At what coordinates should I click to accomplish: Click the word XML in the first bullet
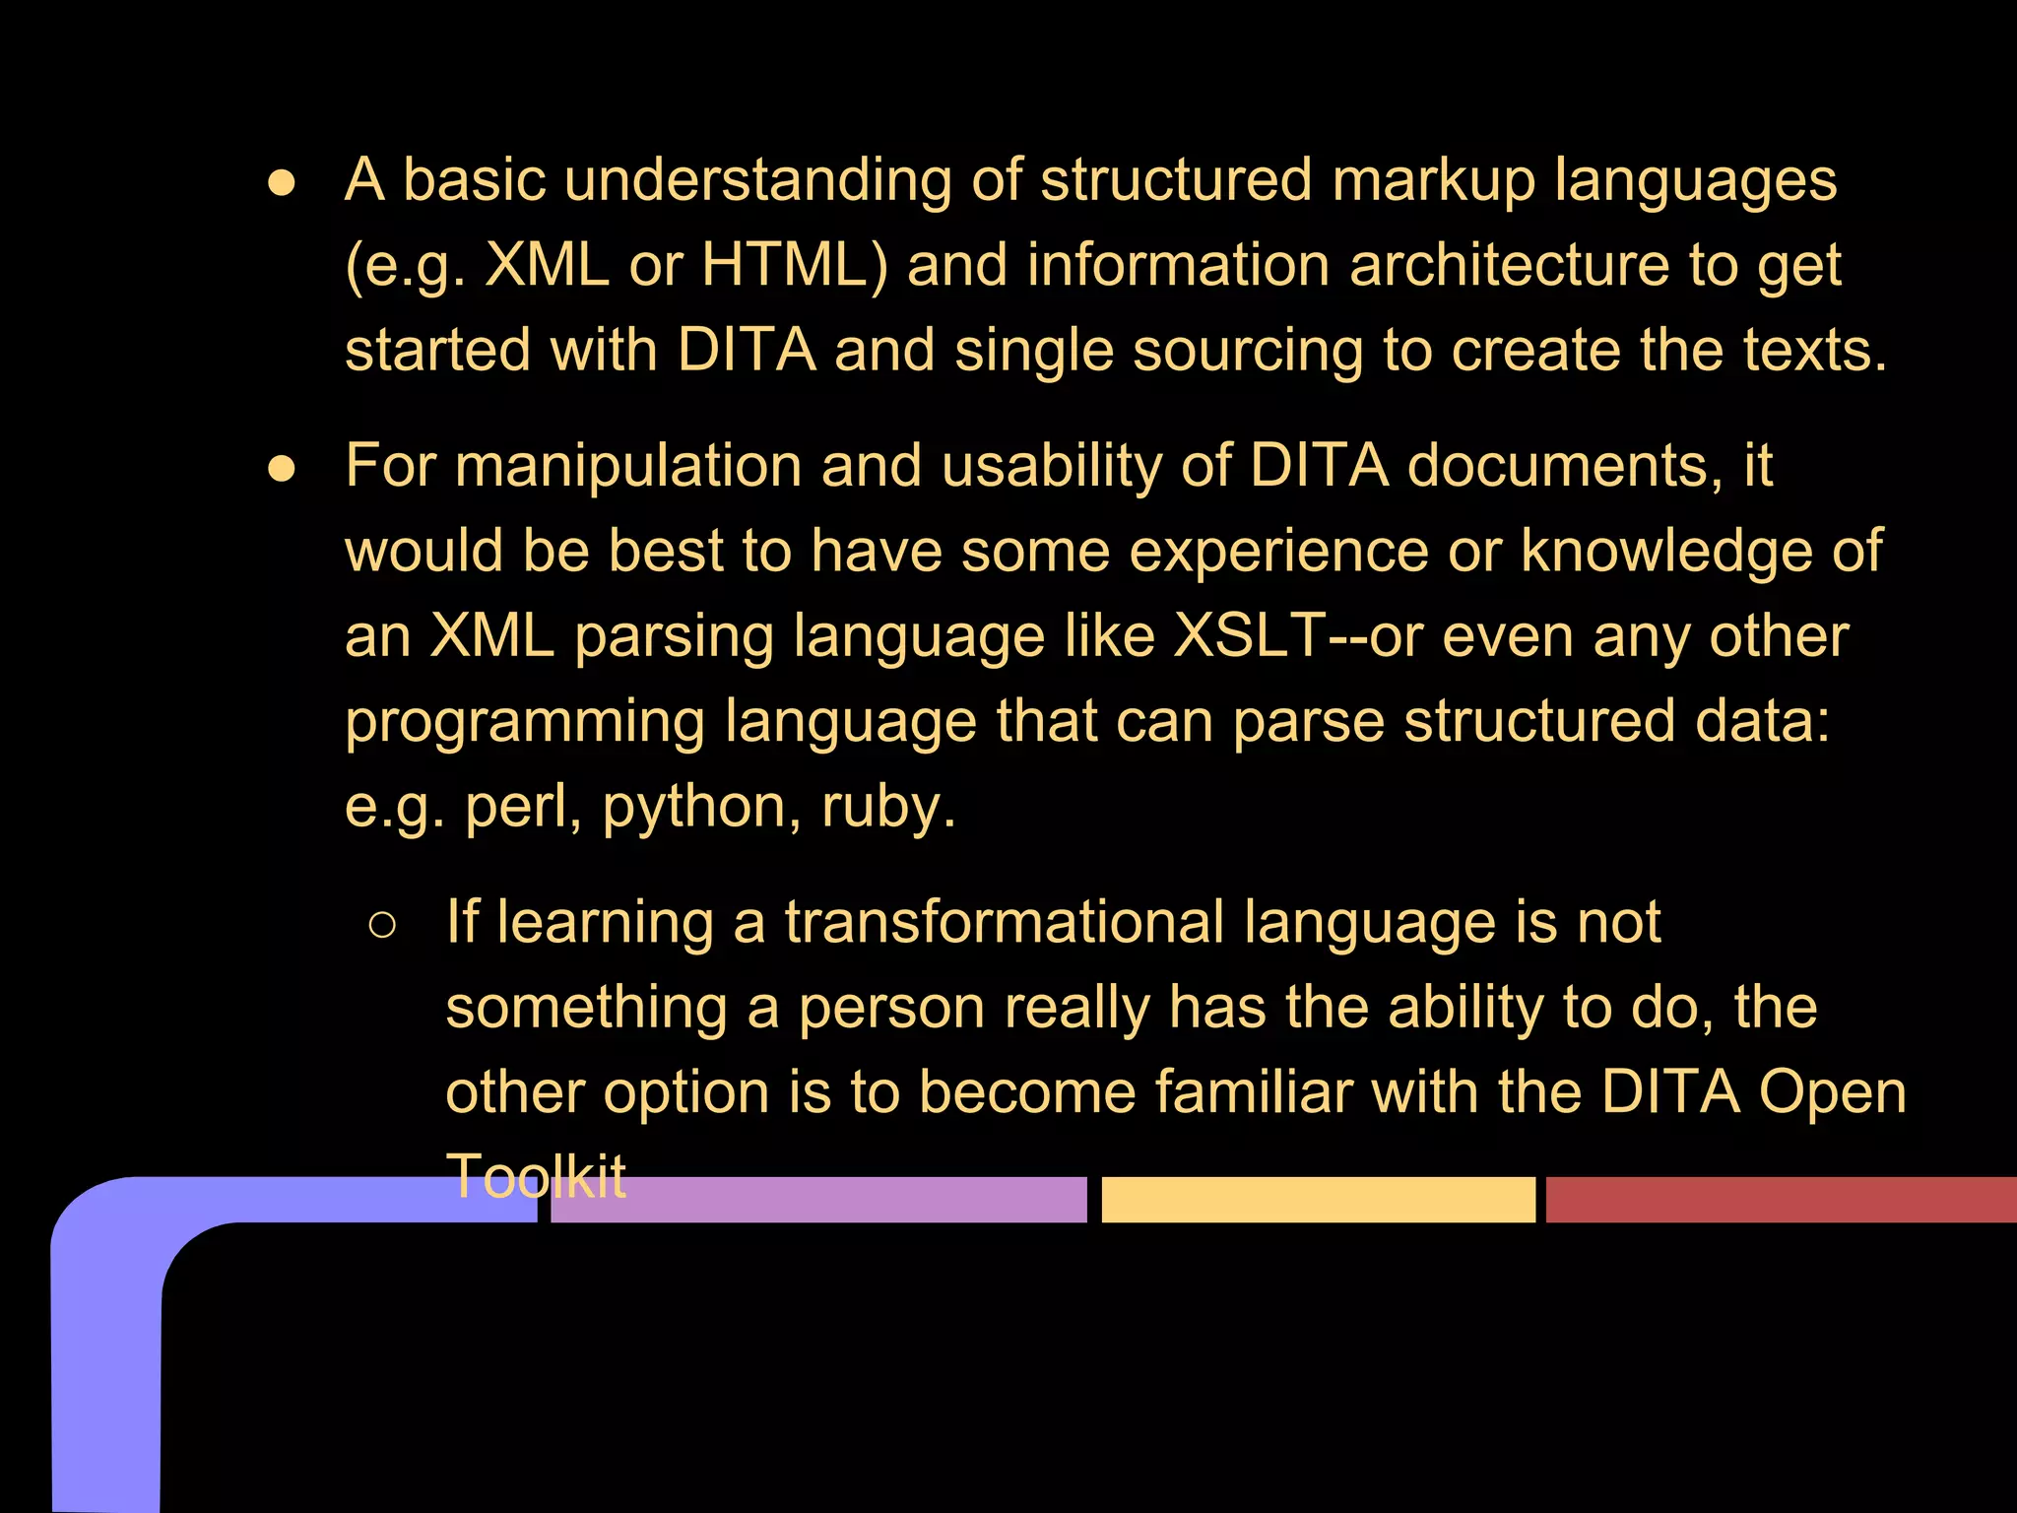(547, 266)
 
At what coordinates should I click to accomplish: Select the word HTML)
(795, 266)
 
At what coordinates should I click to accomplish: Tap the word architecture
(1509, 266)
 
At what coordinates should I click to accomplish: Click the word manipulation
(628, 466)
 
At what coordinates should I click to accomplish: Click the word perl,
(523, 808)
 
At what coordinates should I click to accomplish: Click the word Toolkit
(536, 1176)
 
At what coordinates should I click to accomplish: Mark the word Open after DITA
(1833, 1093)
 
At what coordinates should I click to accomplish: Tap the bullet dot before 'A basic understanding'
(282, 184)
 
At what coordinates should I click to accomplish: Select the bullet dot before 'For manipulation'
(282, 470)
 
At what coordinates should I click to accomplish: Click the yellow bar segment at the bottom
(1318, 1200)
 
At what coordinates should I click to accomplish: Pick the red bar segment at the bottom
(1781, 1200)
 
